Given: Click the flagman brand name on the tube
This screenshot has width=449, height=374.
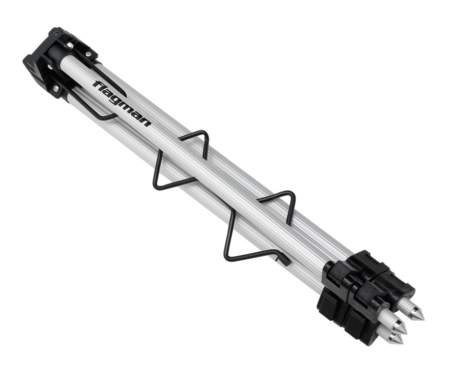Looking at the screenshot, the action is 122,104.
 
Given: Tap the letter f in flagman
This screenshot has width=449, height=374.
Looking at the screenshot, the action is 97,85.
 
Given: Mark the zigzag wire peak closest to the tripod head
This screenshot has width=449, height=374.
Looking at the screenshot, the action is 203,133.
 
